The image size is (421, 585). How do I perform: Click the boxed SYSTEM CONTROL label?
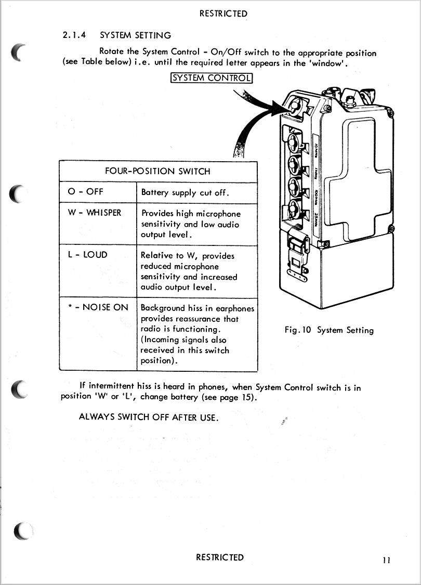pos(212,78)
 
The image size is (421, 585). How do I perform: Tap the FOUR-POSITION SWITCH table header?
pos(157,171)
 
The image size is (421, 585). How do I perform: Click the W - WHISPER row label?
pos(95,213)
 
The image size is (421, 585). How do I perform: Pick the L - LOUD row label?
pos(88,255)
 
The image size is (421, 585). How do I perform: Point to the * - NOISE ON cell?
pos(98,307)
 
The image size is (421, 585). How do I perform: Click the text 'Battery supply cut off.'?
pos(185,192)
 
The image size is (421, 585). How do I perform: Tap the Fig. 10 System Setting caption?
pos(329,330)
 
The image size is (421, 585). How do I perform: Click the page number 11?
pos(386,560)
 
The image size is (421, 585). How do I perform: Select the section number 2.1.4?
pos(74,35)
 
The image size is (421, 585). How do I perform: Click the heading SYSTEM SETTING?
pos(135,35)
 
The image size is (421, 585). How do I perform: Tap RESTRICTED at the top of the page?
pos(223,14)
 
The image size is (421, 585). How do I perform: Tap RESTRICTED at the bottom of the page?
pos(220,557)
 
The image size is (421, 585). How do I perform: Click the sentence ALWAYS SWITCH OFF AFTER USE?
pos(149,417)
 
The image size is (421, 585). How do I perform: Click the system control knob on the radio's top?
pos(295,105)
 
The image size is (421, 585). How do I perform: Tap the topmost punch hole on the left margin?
pos(18,52)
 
